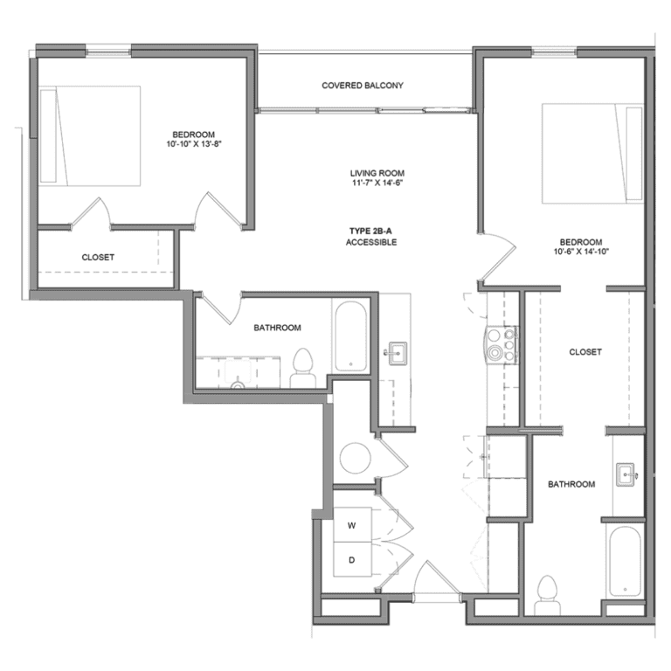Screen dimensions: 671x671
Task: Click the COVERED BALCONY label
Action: pos(362,86)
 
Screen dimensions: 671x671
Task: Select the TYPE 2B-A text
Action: pos(371,230)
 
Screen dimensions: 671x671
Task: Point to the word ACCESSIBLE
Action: pos(371,242)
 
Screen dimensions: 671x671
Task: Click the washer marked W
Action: pos(352,526)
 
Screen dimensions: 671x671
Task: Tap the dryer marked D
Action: pos(352,560)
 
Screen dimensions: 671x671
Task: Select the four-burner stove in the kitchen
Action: pos(503,343)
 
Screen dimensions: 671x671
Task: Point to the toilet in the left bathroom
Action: pos(303,368)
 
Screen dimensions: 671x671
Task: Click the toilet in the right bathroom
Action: pos(549,591)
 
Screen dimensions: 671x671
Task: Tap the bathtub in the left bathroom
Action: pos(349,335)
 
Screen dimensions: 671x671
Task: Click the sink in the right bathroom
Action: pos(627,475)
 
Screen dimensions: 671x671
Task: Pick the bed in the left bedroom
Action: pos(91,135)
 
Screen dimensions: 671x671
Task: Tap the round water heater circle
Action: pos(355,456)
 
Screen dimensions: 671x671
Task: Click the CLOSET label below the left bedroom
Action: pos(98,258)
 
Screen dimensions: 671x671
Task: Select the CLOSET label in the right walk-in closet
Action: pos(585,352)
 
